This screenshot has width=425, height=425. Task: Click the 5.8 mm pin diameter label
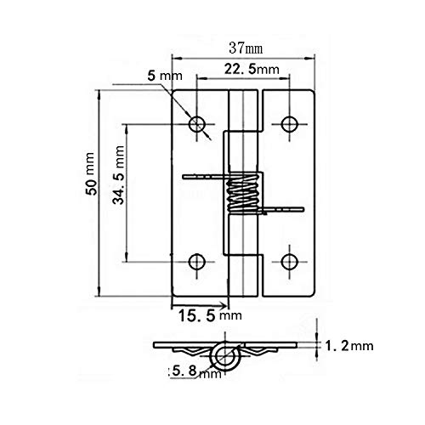[x=195, y=371]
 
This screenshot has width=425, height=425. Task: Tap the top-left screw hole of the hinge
[x=199, y=123]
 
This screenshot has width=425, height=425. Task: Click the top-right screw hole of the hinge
[x=290, y=123]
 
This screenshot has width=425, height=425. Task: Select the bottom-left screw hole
[x=199, y=260]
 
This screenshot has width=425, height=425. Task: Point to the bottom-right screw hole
[x=290, y=260]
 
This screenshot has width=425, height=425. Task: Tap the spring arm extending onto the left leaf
[x=204, y=177]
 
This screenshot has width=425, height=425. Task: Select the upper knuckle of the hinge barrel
[x=244, y=119]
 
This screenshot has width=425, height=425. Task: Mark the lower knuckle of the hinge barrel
[x=244, y=272]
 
